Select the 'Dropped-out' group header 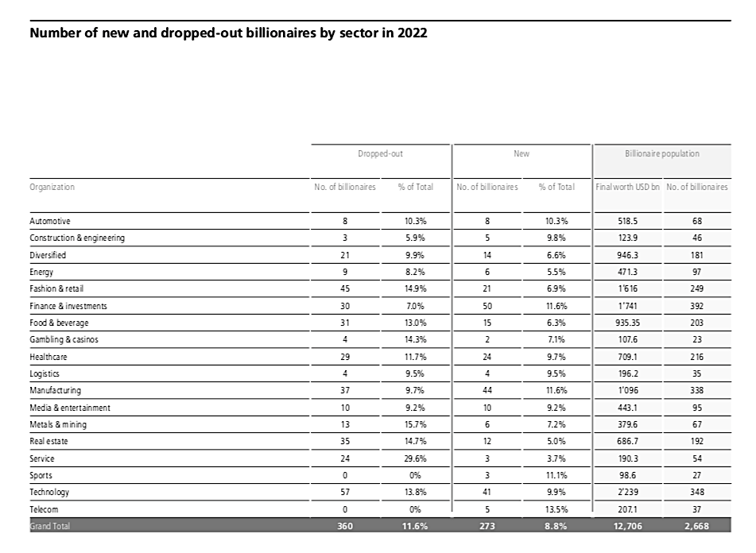(x=380, y=153)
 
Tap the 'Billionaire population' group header (x=662, y=153)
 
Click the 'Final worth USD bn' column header (x=627, y=187)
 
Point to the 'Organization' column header (x=52, y=187)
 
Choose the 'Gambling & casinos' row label (x=64, y=339)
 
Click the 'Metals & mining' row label (x=58, y=424)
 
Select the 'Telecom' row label (x=44, y=509)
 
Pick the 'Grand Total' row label (x=49, y=526)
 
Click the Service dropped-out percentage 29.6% (x=415, y=458)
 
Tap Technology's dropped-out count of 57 (x=345, y=492)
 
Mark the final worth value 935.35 (x=627, y=323)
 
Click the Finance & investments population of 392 (x=696, y=306)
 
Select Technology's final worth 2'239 (x=627, y=492)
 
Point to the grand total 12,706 (x=627, y=526)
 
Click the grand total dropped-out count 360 (x=345, y=526)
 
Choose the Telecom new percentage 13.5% (x=557, y=509)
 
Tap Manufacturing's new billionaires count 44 (x=487, y=390)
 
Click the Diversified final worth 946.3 (x=627, y=255)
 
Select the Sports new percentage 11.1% (x=557, y=475)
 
